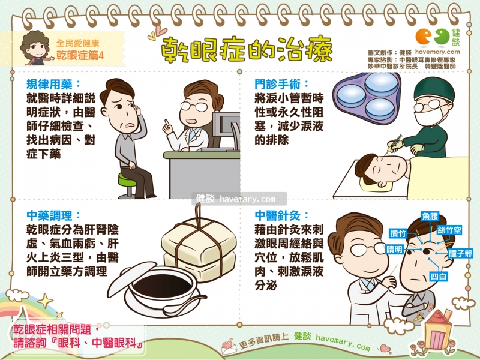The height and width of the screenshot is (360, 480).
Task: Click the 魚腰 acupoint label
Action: pyautogui.click(x=430, y=216)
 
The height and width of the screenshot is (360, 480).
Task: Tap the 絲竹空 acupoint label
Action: pyautogui.click(x=449, y=230)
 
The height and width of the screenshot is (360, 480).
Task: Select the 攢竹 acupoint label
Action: pyautogui.click(x=398, y=233)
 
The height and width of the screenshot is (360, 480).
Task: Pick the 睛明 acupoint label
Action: pyautogui.click(x=395, y=250)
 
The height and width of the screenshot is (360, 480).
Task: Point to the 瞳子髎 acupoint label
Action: pyautogui.click(x=460, y=253)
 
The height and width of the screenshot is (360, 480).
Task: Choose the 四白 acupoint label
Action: pyautogui.click(x=439, y=277)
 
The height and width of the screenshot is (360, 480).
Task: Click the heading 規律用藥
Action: pyautogui.click(x=53, y=84)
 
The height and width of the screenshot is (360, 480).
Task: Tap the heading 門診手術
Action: pyautogui.click(x=281, y=84)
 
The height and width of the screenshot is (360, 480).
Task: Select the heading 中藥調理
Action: pyautogui.click(x=53, y=215)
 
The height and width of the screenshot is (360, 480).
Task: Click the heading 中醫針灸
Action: pyautogui.click(x=281, y=215)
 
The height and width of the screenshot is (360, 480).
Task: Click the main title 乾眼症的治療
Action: pyautogui.click(x=247, y=49)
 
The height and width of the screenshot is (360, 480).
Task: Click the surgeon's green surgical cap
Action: pyautogui.click(x=434, y=88)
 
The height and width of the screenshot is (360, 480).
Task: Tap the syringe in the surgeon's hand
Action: pyautogui.click(x=394, y=145)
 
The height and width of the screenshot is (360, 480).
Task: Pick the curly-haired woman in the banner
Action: pyautogui.click(x=36, y=48)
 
